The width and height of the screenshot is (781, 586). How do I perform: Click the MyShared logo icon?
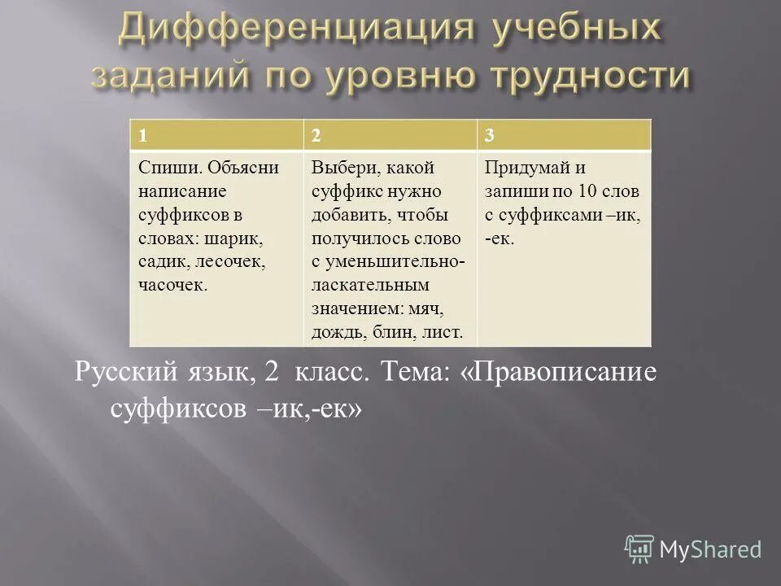[639, 550]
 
